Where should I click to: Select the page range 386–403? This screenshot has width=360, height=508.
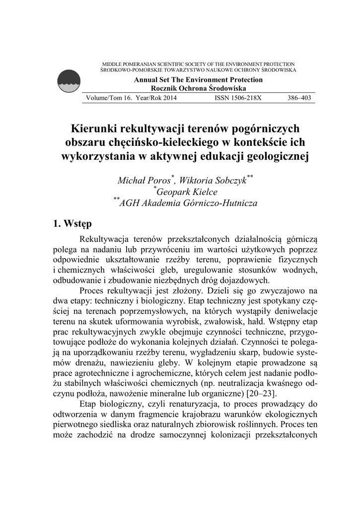pos(299,98)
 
